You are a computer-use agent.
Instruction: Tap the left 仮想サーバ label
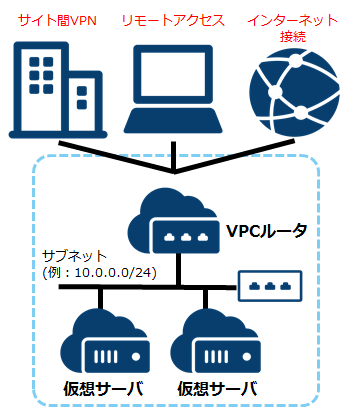pos(101,388)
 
